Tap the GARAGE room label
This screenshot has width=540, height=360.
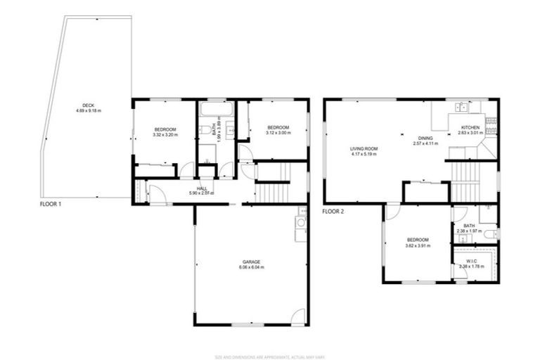(x=251, y=262)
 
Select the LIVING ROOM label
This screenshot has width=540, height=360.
(x=365, y=148)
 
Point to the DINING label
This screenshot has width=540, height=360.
(x=425, y=138)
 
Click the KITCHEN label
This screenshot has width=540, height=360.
(x=470, y=127)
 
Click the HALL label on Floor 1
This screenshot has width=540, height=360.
(x=202, y=188)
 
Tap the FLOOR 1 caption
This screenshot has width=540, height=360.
(x=51, y=203)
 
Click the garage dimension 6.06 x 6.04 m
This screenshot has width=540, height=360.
(x=251, y=267)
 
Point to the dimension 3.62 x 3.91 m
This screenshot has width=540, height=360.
(x=417, y=246)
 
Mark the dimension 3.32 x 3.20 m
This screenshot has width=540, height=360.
(x=165, y=135)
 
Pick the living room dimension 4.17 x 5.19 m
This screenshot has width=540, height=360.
(x=365, y=154)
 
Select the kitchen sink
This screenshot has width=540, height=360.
(x=462, y=107)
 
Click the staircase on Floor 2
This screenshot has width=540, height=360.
(x=465, y=180)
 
